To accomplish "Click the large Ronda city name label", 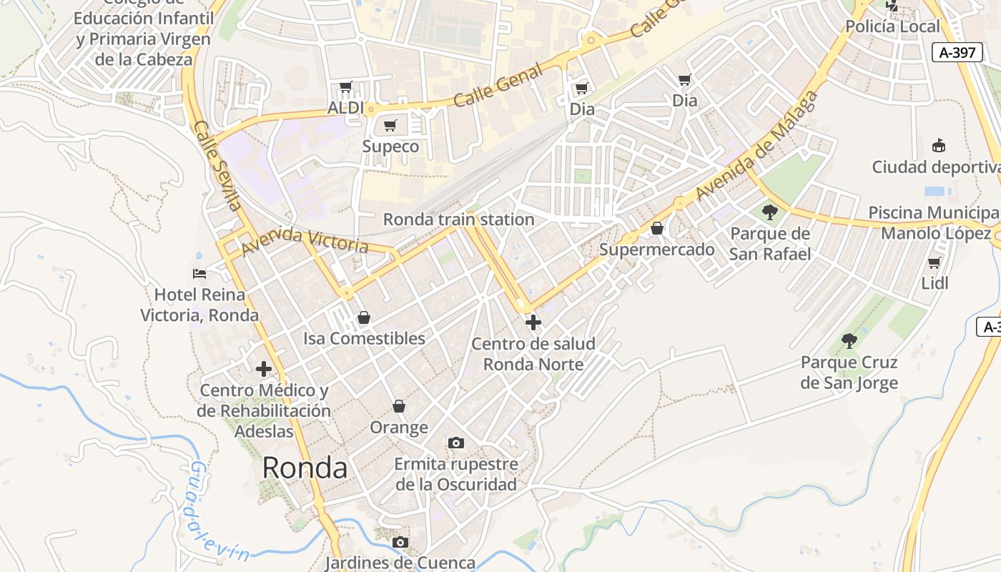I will click(305, 468).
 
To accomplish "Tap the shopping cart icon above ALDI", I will click(346, 87).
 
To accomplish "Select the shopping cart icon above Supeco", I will click(390, 126).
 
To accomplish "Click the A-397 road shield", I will click(958, 53).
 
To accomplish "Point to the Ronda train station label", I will click(458, 220).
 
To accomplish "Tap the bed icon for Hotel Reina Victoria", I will click(199, 274).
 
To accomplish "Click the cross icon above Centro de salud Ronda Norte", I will click(533, 322).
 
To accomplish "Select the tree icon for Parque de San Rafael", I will click(770, 212).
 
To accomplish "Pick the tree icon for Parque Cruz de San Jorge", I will click(849, 341).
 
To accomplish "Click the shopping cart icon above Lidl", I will click(935, 262).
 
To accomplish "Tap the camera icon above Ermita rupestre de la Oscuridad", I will click(455, 443).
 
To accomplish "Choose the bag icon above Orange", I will click(399, 406).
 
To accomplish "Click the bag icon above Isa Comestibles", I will click(364, 317).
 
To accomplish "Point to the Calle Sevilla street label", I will click(217, 166).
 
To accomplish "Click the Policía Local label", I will click(892, 26).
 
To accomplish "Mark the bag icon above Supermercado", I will click(657, 229).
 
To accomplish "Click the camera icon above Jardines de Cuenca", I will click(400, 542).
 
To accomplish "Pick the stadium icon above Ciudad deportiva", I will click(939, 146).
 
